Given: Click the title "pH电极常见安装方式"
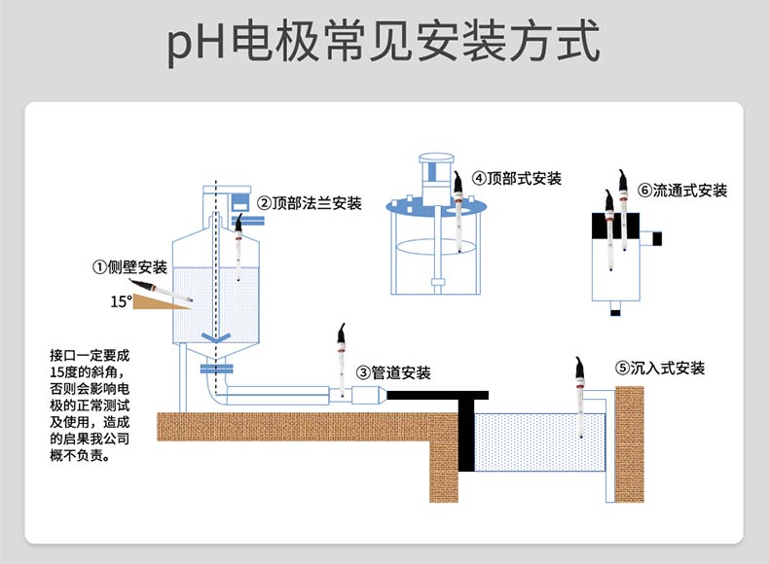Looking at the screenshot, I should [384, 44].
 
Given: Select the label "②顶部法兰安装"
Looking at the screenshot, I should [310, 203].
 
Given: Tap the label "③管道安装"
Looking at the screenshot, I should [393, 371].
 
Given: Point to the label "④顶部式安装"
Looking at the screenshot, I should [517, 178].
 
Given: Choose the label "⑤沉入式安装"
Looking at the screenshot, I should [659, 368].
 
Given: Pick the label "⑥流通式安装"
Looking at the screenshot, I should [682, 190].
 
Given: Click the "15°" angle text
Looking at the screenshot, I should [121, 301].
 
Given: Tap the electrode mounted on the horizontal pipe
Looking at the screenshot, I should [341, 360].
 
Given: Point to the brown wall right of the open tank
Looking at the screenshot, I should [630, 442].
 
